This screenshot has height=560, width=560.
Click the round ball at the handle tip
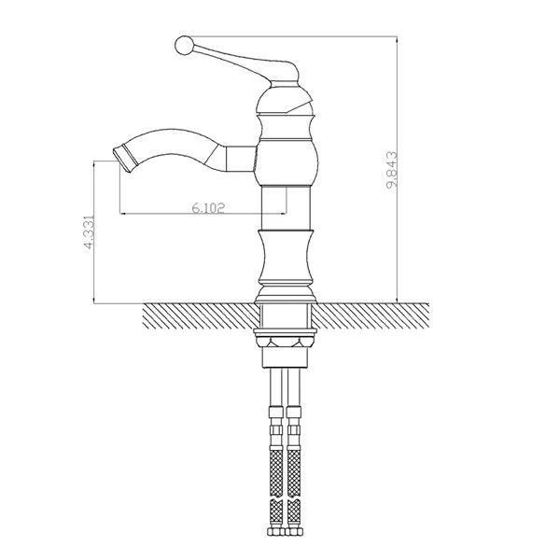(184, 46)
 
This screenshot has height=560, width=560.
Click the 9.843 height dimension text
(392, 170)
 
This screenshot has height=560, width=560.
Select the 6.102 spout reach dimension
(208, 207)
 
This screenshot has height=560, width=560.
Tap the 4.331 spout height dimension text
(89, 231)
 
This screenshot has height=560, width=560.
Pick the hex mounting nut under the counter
(285, 342)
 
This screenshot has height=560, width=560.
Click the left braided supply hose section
(276, 472)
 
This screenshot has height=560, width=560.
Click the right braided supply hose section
(294, 472)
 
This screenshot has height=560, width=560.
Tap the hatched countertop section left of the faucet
(200, 315)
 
